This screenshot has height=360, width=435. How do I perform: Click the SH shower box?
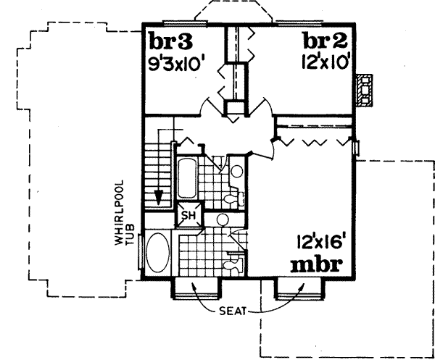point(188,216)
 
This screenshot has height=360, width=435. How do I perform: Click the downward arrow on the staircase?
point(158,196)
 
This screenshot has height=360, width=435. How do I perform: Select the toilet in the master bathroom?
point(233,266)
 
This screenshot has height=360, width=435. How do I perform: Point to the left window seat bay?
point(194,288)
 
